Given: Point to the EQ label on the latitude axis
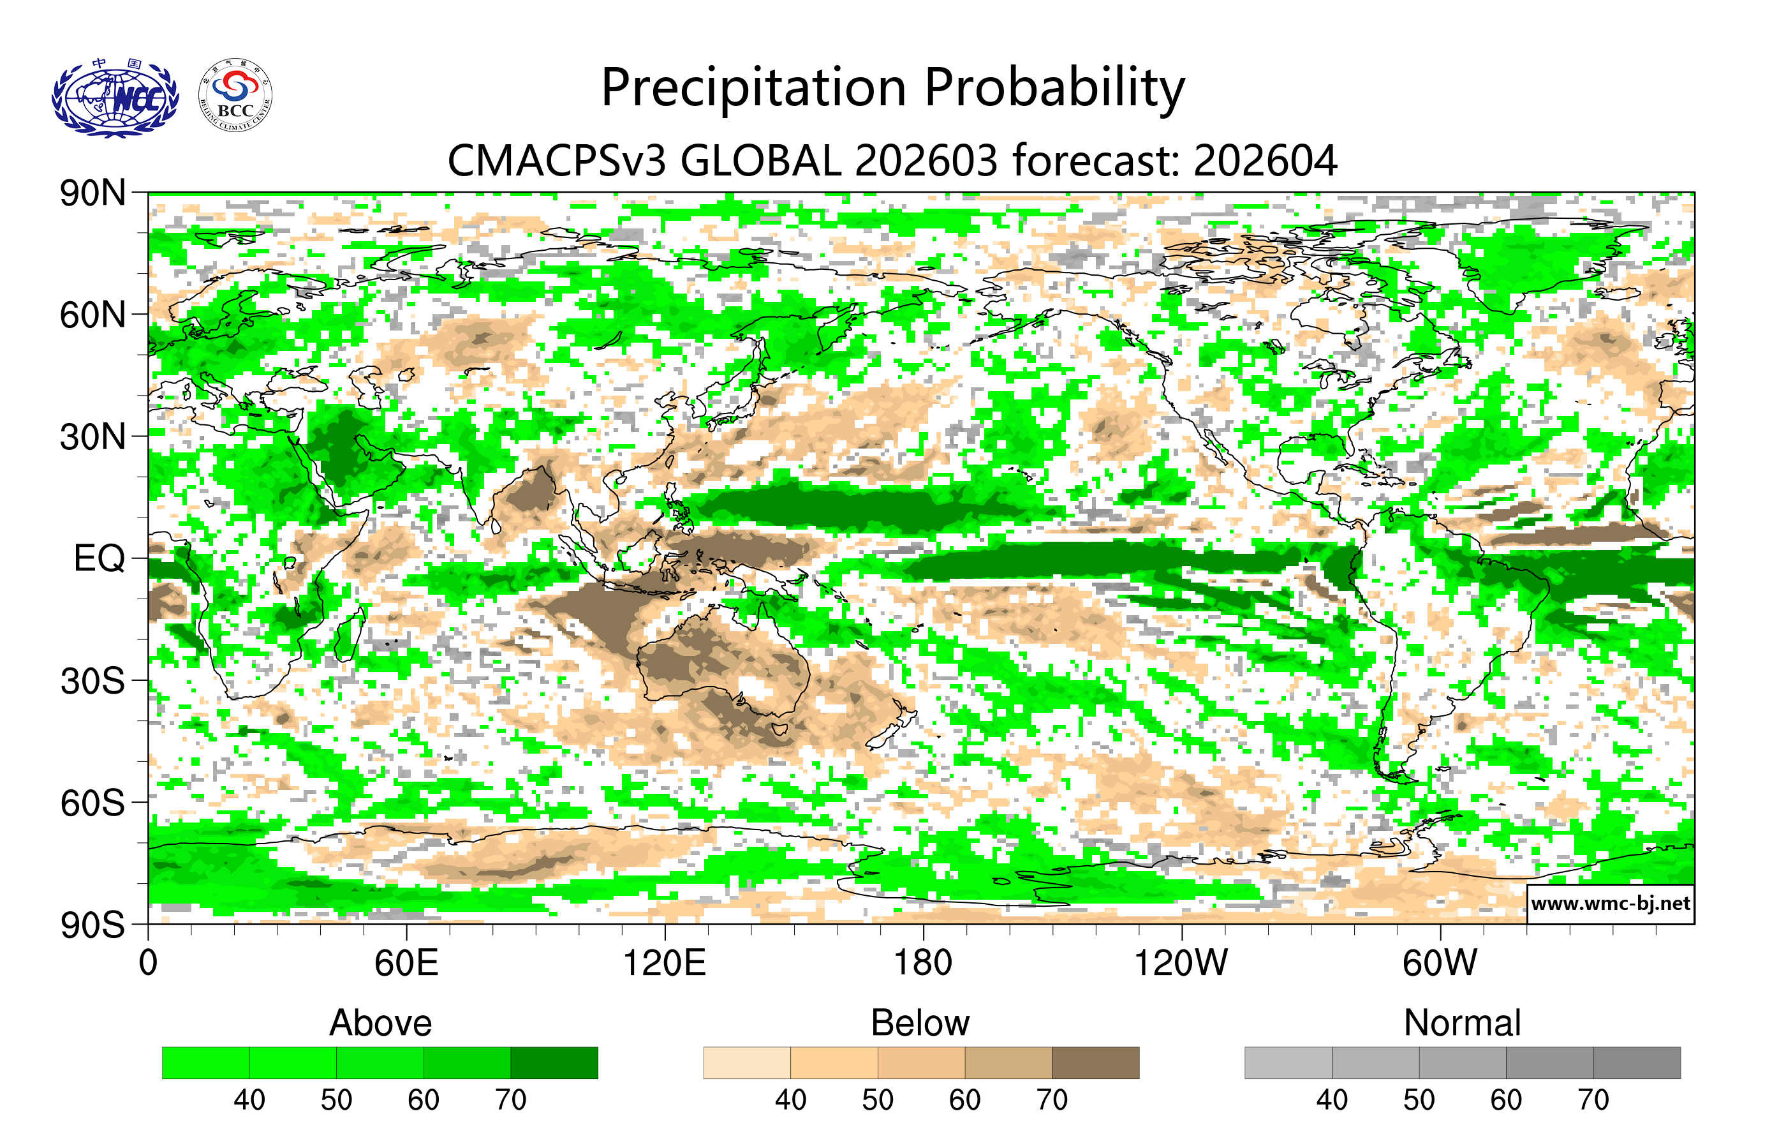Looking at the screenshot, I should click(100, 558).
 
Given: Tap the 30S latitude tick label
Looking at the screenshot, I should click(92, 681).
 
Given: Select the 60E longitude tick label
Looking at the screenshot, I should click(406, 963).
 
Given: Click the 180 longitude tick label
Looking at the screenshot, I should click(923, 963).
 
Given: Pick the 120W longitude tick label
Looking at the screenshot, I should click(1181, 963).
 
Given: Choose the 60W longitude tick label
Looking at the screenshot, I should click(1440, 963).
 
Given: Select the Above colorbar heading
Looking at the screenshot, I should click(381, 1023).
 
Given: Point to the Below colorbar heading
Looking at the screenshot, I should click(920, 1023).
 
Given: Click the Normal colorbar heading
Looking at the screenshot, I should click(1462, 1023).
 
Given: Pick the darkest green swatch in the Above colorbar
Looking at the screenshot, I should click(554, 1062).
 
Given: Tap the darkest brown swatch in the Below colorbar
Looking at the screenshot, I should click(1095, 1062).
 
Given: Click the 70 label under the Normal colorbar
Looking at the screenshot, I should click(1593, 1099).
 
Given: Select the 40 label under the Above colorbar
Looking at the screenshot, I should click(249, 1099).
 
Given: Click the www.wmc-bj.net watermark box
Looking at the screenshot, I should click(1610, 904).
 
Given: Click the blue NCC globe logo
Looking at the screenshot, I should click(115, 98).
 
